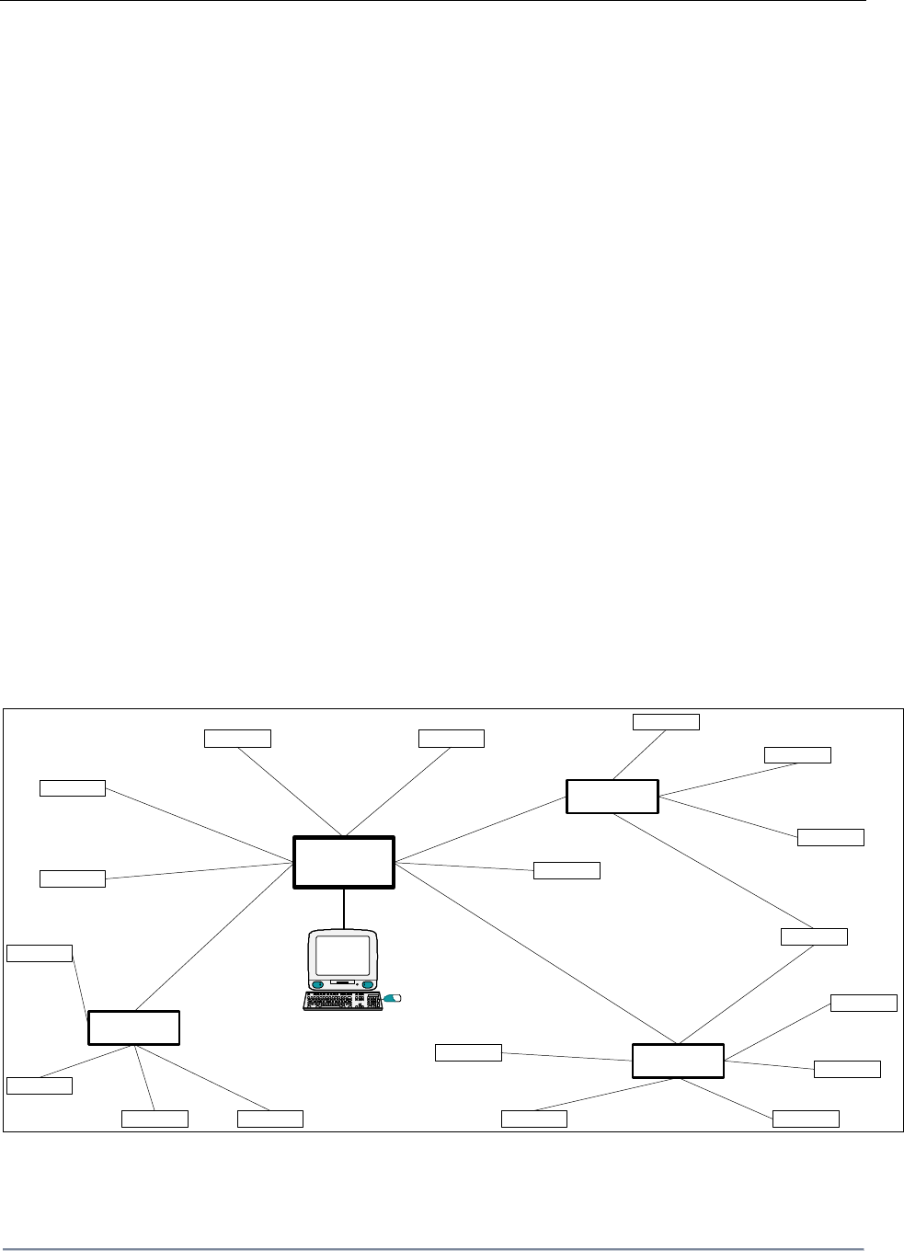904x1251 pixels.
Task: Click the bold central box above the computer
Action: click(x=343, y=862)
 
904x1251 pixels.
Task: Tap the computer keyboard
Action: click(x=342, y=1002)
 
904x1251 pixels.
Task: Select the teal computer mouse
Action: click(x=393, y=997)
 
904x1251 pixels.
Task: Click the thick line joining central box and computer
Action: click(x=344, y=908)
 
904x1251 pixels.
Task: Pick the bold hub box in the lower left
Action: click(x=133, y=1027)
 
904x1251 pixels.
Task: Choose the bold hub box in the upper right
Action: click(x=612, y=796)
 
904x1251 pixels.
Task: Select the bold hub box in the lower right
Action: click(x=678, y=1061)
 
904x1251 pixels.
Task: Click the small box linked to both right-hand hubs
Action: click(x=814, y=936)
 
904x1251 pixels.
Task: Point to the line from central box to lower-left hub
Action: click(x=212, y=938)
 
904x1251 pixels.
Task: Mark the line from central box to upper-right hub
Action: click(x=478, y=831)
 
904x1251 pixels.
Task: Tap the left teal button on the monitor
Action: click(x=317, y=985)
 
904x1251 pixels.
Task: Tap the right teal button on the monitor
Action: click(x=370, y=985)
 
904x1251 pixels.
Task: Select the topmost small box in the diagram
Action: click(x=666, y=721)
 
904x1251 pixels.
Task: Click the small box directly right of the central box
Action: click(x=566, y=870)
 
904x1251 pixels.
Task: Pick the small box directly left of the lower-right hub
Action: click(x=468, y=1052)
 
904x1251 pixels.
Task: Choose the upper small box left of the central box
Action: click(x=73, y=787)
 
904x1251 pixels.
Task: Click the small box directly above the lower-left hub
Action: click(x=40, y=952)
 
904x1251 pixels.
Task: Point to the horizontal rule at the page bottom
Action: click(x=432, y=1248)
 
